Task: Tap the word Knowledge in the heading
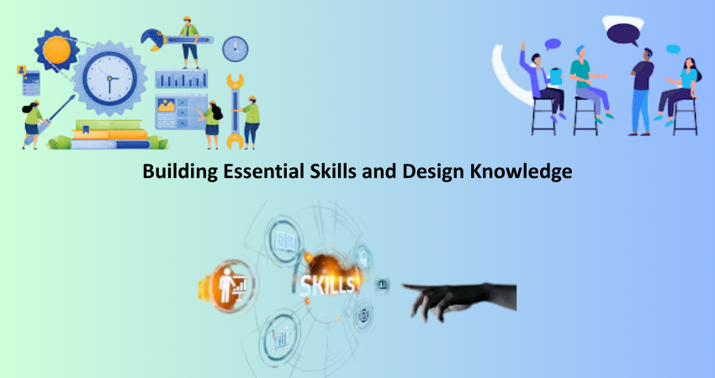tap(521, 171)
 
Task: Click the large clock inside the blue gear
tap(109, 78)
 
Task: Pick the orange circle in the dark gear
tap(57, 50)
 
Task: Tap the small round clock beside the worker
tap(236, 49)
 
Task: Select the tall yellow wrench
tap(236, 112)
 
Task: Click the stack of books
tap(110, 134)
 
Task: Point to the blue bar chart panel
tap(181, 79)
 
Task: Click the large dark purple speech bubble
tap(623, 34)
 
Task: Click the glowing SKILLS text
tap(327, 285)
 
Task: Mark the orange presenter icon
tap(227, 286)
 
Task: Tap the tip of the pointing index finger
tap(404, 286)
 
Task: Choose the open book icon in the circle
tap(285, 241)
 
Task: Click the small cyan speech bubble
tap(673, 50)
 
